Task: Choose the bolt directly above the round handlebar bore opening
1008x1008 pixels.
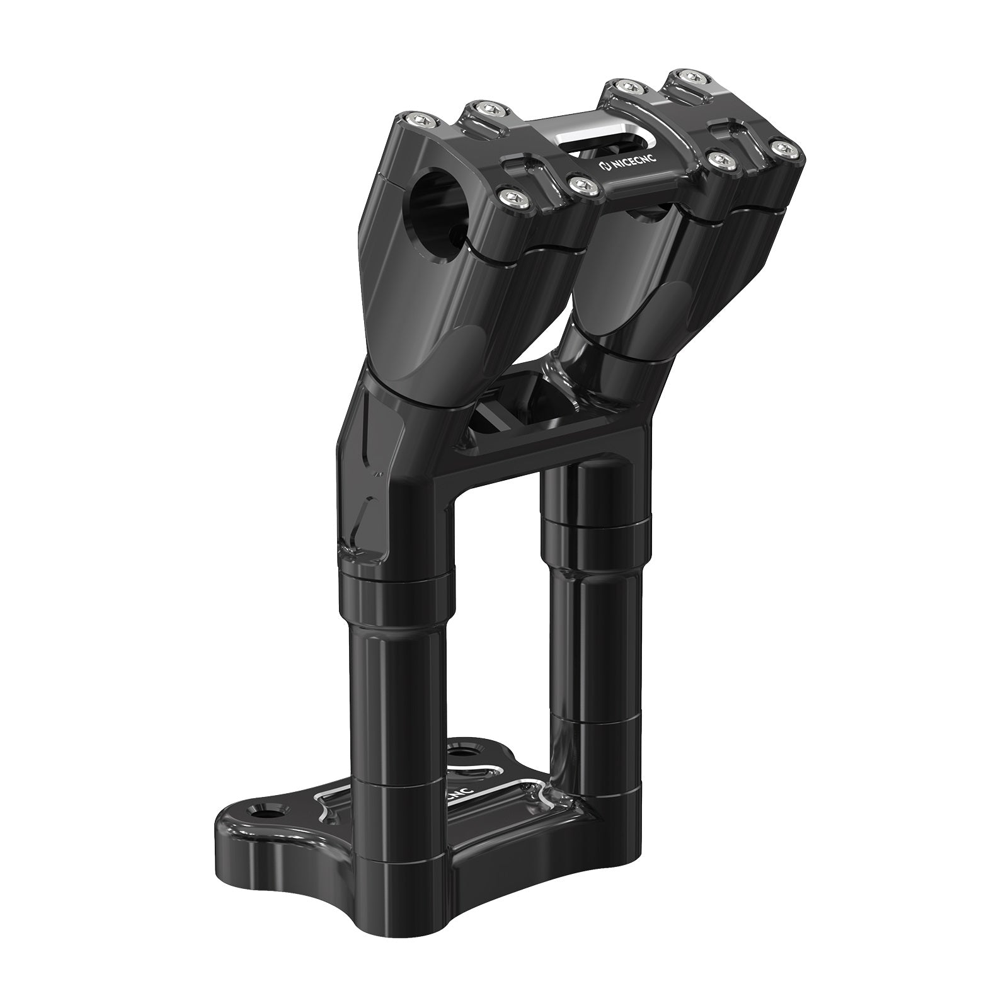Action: coord(510,198)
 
